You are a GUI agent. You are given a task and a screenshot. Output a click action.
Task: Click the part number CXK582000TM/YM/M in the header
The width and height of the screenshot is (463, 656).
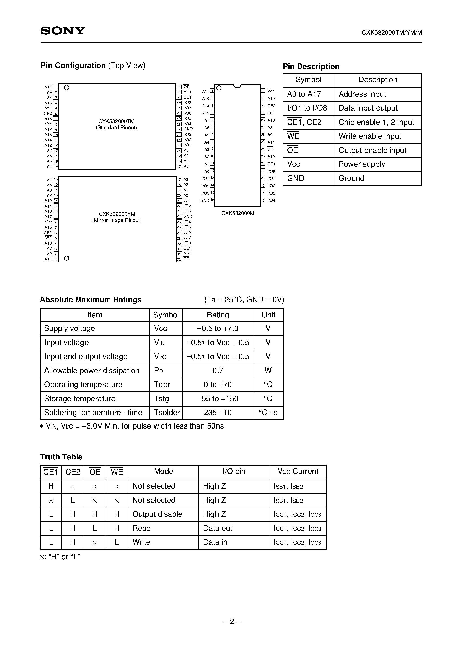pyautogui.click(x=392, y=33)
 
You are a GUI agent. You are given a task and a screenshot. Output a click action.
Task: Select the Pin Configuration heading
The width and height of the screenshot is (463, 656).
pyautogui.click(x=73, y=66)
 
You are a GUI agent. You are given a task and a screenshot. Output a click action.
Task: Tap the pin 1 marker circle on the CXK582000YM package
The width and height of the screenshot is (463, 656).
pyautogui.click(x=67, y=258)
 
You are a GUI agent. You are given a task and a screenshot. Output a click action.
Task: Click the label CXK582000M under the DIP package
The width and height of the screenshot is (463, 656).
pyautogui.click(x=238, y=213)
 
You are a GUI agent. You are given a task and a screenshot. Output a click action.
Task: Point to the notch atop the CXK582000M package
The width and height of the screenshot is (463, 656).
pyautogui.click(x=237, y=86)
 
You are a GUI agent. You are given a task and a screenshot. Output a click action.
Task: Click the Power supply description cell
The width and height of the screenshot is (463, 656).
pyautogui.click(x=362, y=164)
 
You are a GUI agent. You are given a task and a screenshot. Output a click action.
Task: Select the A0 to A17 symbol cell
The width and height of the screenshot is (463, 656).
pyautogui.click(x=304, y=94)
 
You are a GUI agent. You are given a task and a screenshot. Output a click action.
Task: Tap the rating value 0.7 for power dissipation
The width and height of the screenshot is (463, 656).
pyautogui.click(x=218, y=371)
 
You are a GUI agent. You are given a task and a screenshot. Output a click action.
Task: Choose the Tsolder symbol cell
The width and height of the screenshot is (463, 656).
pyautogui.click(x=167, y=413)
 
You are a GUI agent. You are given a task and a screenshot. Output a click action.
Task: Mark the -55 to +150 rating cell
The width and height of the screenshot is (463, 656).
pyautogui.click(x=218, y=399)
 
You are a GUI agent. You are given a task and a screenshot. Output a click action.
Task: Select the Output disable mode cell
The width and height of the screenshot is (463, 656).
pyautogui.click(x=157, y=514)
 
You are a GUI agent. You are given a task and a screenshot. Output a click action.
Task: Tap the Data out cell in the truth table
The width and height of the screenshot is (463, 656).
pyautogui.click(x=218, y=528)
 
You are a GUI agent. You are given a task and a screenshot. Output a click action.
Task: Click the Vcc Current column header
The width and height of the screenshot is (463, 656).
pyautogui.click(x=298, y=471)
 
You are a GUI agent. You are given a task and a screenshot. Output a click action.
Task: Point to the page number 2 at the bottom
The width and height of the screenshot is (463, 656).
pyautogui.click(x=232, y=622)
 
